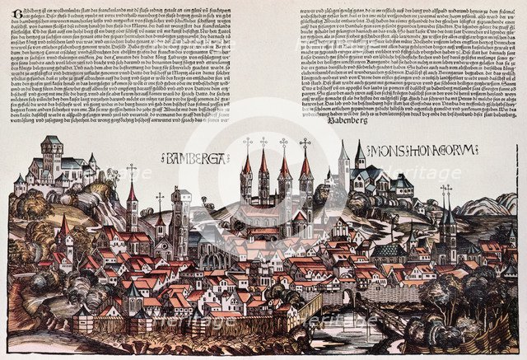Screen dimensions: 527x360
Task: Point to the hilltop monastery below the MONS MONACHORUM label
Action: [375, 176]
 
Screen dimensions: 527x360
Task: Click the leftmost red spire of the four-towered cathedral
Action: [246, 169]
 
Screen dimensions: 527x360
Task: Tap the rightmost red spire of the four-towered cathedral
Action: [306, 169]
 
